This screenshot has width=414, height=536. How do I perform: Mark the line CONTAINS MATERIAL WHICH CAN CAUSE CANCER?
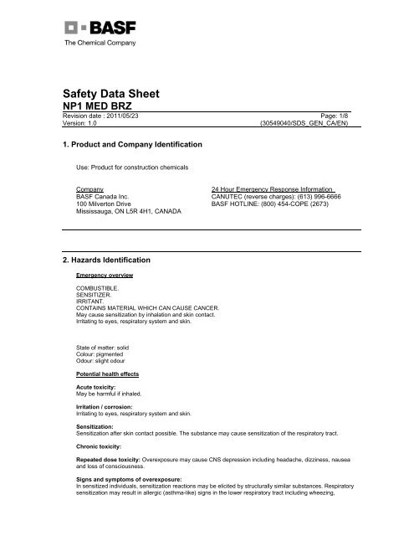[x=147, y=307]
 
